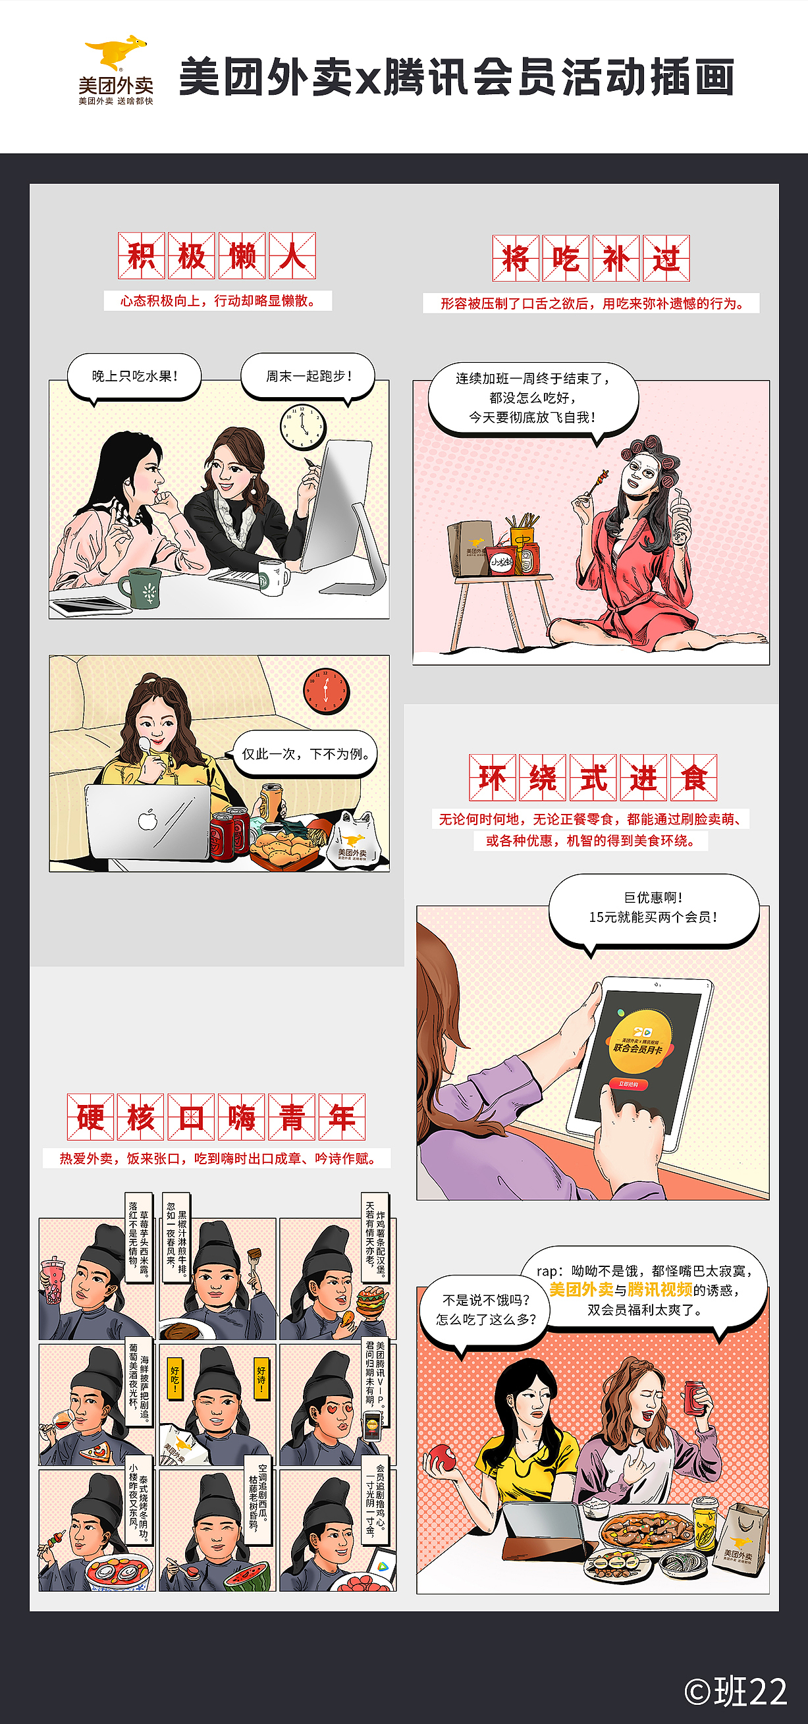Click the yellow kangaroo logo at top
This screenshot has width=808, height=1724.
[x=116, y=52]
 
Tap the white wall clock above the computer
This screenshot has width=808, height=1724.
[x=302, y=425]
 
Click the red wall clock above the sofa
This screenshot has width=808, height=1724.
[x=327, y=690]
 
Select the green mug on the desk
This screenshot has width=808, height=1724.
[x=142, y=587]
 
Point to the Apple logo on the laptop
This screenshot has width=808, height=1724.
[x=148, y=820]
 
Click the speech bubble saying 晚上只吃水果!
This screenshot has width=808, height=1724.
[x=134, y=377]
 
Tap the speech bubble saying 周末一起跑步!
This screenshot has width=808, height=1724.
[x=308, y=377]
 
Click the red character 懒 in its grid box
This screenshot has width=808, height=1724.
[x=242, y=256]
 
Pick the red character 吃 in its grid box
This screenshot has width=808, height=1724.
[x=566, y=258]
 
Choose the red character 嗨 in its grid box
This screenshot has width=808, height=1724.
[x=242, y=1117]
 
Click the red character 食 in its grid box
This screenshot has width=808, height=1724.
[x=693, y=778]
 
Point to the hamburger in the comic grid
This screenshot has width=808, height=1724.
[x=372, y=1302]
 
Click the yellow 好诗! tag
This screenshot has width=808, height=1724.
[x=261, y=1377]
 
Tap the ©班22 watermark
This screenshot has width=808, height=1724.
[x=736, y=1691]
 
